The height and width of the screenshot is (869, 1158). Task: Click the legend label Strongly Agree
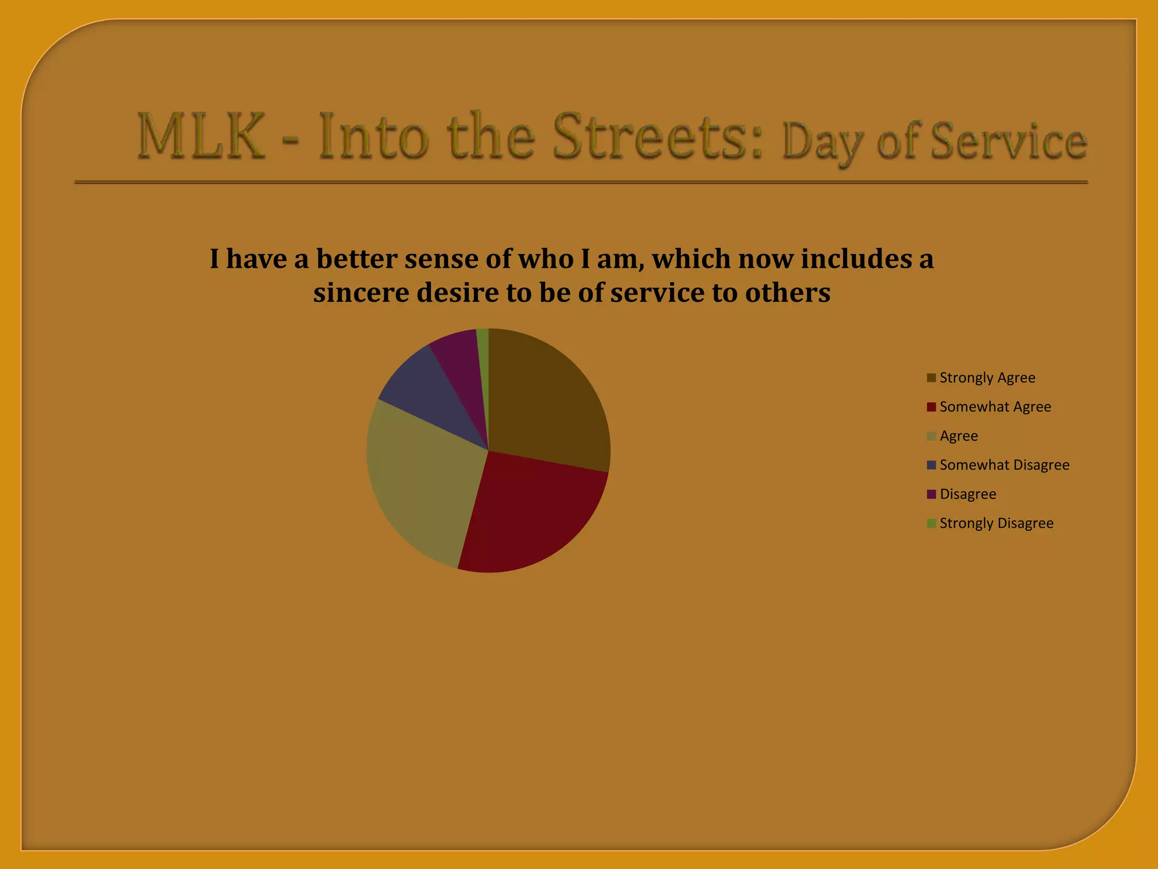coord(987,377)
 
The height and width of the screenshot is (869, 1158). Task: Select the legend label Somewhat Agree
coord(995,407)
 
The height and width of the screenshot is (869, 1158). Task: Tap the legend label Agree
coord(958,436)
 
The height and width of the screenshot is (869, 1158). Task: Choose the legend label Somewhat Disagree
coord(1004,465)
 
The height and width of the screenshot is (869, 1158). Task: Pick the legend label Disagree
coord(967,494)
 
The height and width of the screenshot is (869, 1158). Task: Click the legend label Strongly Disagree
coord(996,523)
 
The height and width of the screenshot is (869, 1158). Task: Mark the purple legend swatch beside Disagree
coord(931,494)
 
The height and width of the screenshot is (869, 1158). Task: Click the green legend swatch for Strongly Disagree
coord(931,523)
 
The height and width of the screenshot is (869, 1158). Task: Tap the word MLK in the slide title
coord(201,137)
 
